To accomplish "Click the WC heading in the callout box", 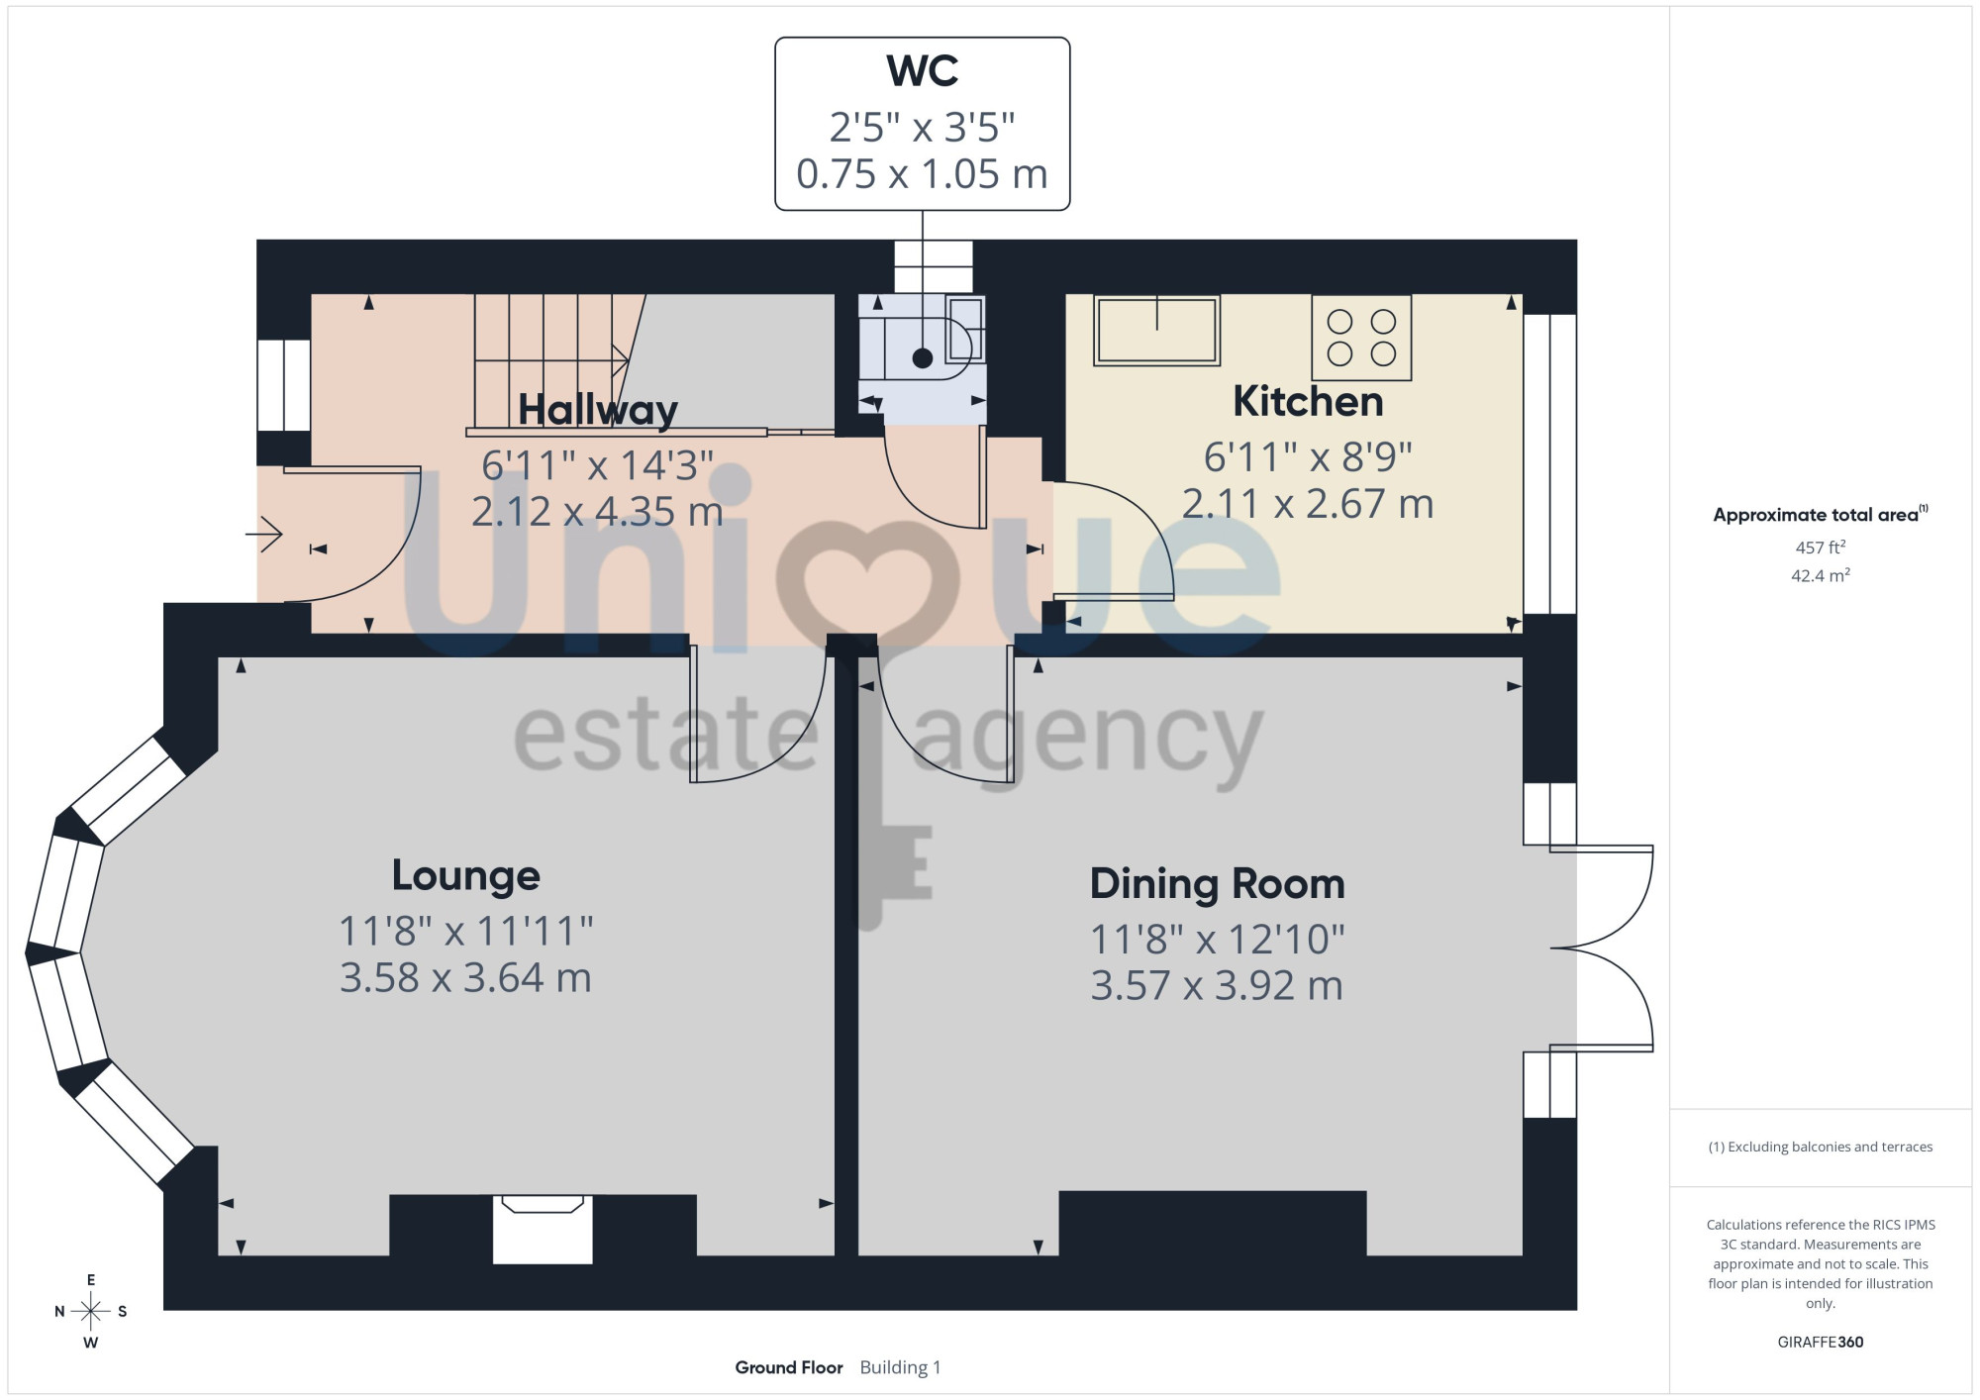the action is [922, 71].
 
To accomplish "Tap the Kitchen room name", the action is [1308, 401].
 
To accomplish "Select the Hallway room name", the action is [598, 410].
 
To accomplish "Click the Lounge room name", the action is [466, 875].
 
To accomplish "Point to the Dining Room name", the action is [1218, 884].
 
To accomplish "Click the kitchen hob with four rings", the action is [1361, 338].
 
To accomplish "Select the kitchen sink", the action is [1156, 331].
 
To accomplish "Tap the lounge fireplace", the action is [543, 1229].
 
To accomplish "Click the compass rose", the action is [91, 1312].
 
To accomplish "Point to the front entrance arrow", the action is [264, 535].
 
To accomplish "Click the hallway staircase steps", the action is [550, 360].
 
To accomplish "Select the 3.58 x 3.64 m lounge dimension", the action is [465, 978].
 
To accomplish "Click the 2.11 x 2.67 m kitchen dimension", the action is [1308, 504].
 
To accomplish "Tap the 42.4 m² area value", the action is [1821, 575].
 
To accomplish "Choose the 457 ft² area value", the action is [1821, 547].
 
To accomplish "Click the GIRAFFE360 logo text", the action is [1821, 1343].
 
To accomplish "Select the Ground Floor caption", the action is [789, 1367].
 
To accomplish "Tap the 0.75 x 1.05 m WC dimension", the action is [922, 174].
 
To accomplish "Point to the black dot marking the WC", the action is [922, 358].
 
